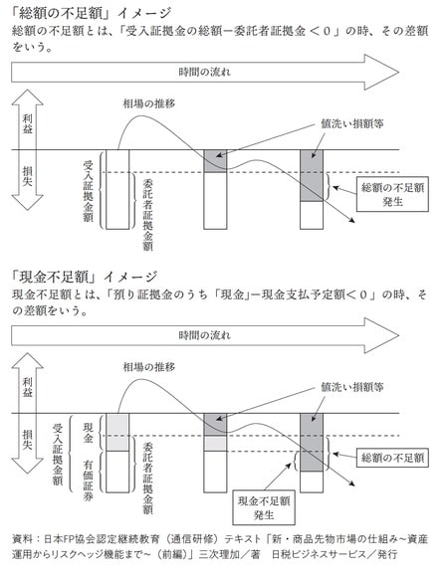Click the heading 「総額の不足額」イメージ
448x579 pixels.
(x=84, y=12)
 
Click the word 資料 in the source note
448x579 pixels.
(x=24, y=538)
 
